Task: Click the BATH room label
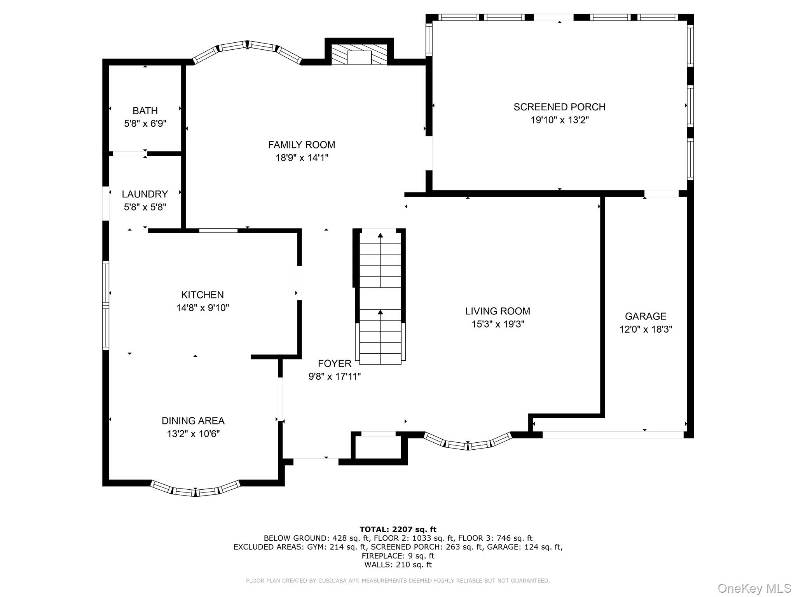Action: tap(145, 111)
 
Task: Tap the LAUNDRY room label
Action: tap(145, 194)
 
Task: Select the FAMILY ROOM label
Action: tap(302, 145)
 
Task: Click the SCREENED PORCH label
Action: tap(560, 107)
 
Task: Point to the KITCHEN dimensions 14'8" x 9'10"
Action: tap(202, 308)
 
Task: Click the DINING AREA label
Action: tap(193, 421)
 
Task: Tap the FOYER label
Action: tap(335, 363)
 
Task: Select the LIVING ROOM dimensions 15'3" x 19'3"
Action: tap(498, 324)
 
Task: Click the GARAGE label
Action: tap(646, 316)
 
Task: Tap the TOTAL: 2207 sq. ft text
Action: tap(398, 529)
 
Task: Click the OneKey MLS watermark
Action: tap(754, 588)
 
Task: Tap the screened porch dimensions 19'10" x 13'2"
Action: tap(560, 120)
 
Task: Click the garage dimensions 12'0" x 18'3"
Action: tap(646, 329)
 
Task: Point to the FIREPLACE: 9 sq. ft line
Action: tap(398, 556)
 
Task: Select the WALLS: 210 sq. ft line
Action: tap(398, 565)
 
